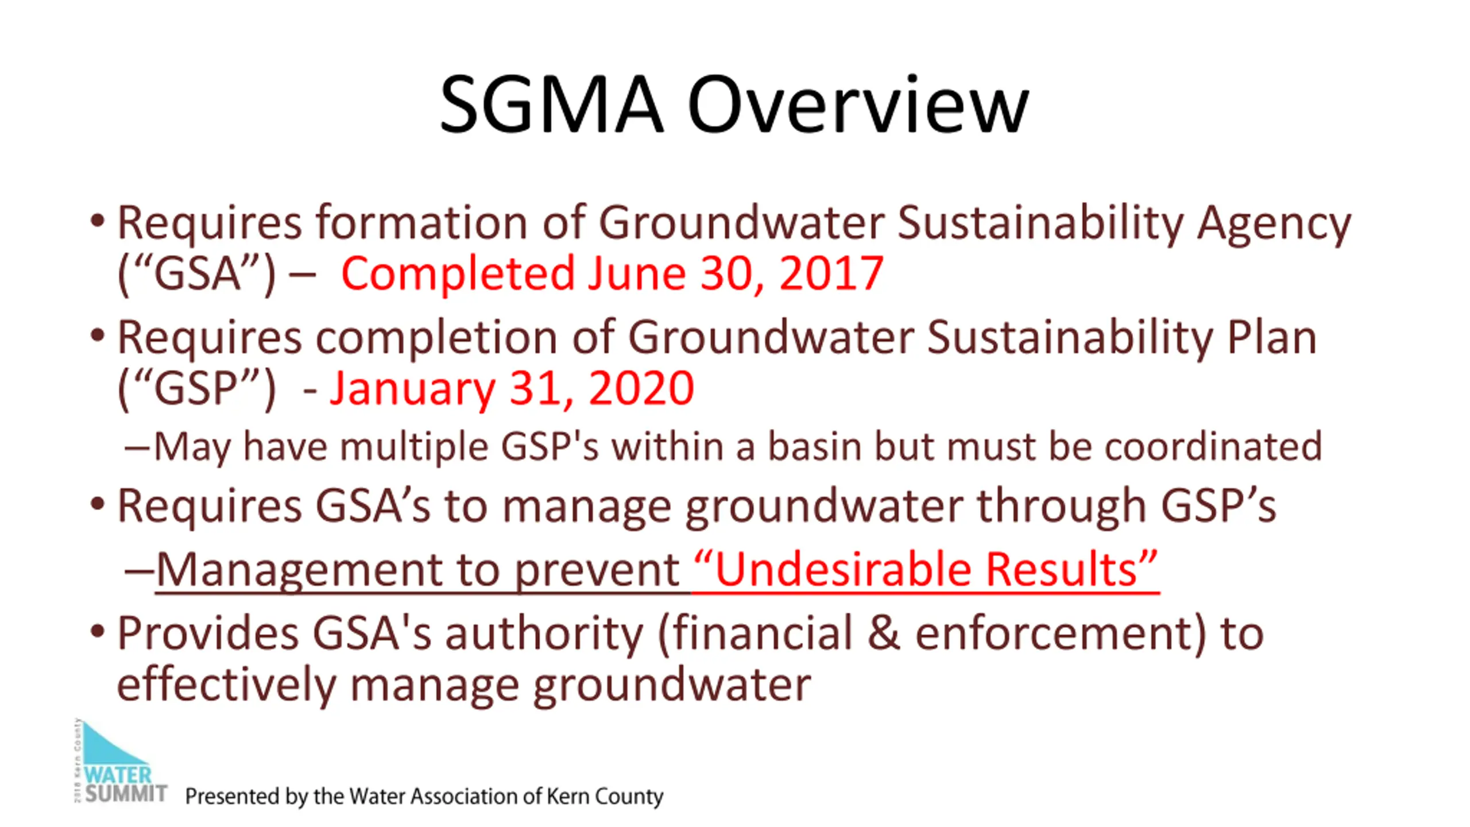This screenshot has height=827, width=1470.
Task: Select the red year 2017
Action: coord(831,273)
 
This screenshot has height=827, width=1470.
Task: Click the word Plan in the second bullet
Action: coord(1271,337)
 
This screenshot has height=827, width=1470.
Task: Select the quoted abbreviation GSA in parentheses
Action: coord(197,275)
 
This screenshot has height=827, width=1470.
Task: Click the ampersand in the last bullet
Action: coord(884,633)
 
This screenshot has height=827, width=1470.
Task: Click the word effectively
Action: coord(226,685)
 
